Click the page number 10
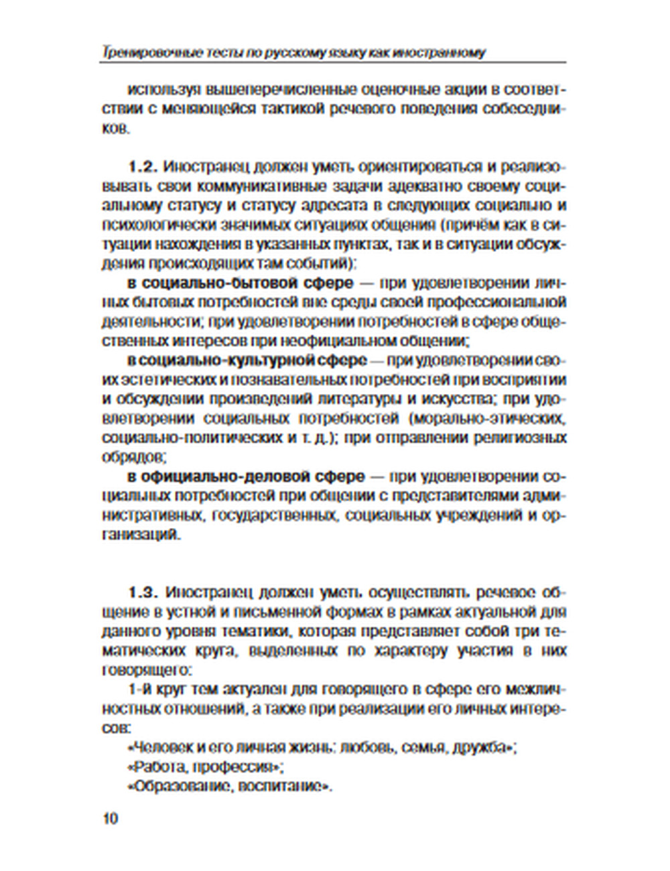[x=110, y=819]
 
